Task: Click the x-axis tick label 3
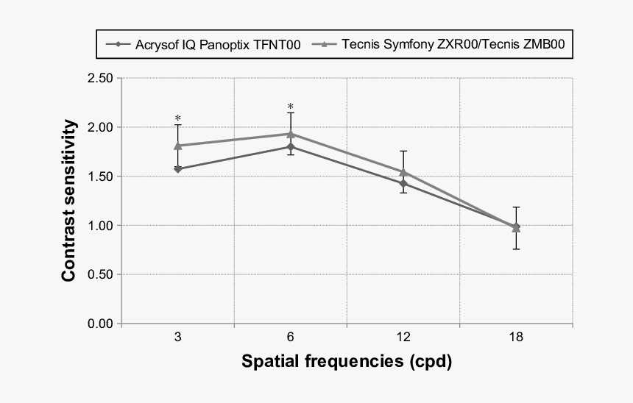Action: tap(178, 338)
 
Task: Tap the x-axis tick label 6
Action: tap(291, 338)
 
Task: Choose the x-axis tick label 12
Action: tap(403, 338)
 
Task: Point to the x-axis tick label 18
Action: tap(516, 338)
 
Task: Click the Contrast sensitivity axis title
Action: tap(69, 201)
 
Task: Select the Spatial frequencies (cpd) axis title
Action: tap(347, 363)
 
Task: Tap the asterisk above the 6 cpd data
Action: tap(291, 107)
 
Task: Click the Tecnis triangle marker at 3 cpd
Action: tap(178, 146)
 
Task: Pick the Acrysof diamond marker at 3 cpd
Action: tap(178, 169)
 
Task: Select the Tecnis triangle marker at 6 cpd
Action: tap(291, 134)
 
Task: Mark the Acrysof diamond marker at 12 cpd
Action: tap(403, 183)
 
